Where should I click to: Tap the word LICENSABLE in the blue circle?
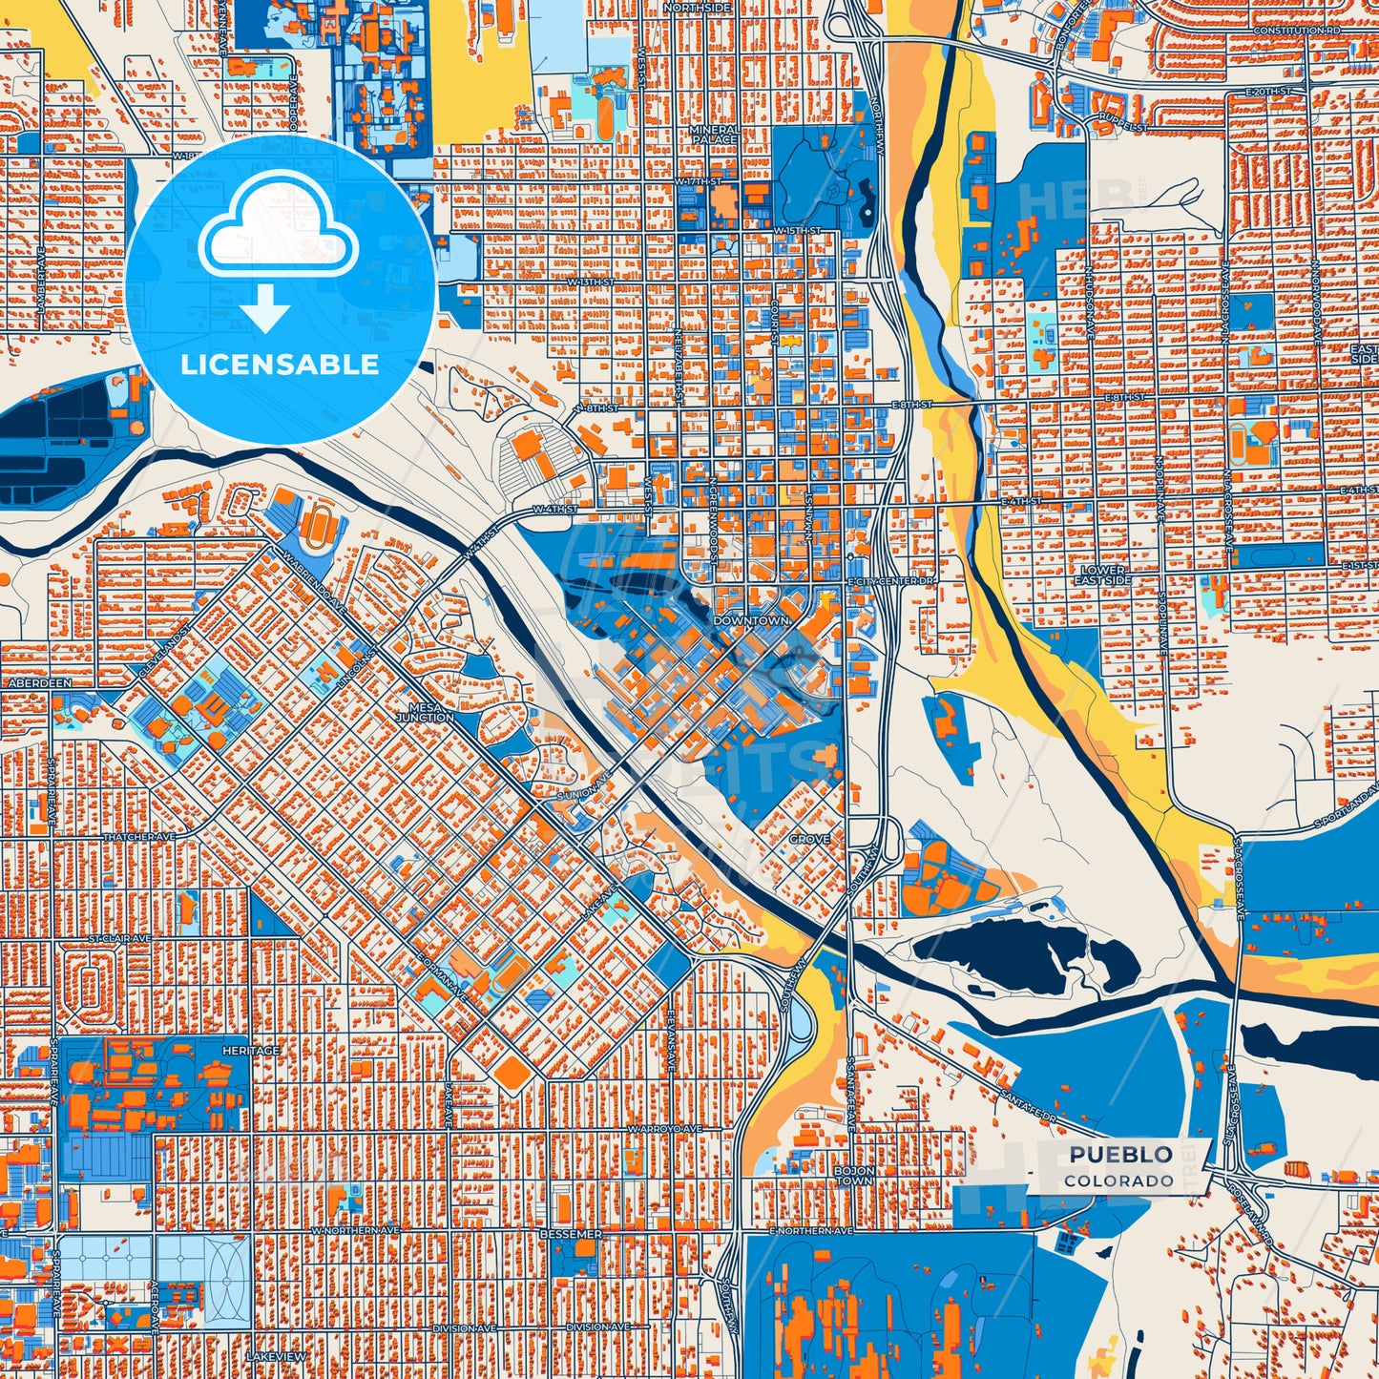[x=280, y=365]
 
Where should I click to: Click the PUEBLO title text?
[x=1120, y=1155]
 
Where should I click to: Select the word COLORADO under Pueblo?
[x=1119, y=1181]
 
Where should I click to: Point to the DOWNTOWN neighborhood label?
[x=751, y=620]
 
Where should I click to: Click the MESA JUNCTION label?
[x=425, y=712]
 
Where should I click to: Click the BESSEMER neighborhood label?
[x=571, y=1234]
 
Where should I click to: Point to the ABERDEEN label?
[x=39, y=684]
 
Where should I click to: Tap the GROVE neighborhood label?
[x=809, y=839]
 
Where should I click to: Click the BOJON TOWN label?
[x=853, y=1176]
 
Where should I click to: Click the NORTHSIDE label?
[x=699, y=8]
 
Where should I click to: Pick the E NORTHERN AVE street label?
[x=810, y=1232]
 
